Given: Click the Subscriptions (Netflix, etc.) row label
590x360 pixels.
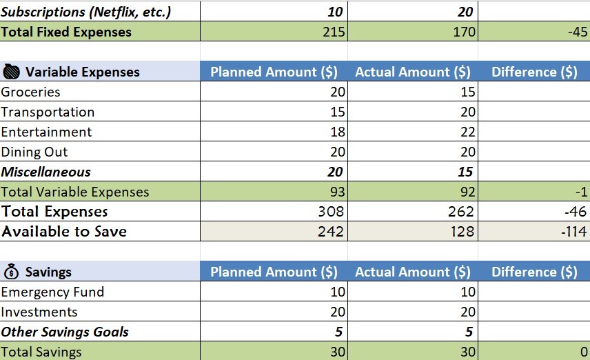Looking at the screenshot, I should pos(86,12).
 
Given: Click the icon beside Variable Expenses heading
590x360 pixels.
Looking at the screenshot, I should pos(12,72).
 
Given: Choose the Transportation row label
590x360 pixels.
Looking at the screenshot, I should pos(48,112).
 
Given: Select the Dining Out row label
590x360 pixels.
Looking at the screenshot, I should pos(34,152).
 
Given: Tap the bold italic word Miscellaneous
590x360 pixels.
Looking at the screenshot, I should pos(46,172).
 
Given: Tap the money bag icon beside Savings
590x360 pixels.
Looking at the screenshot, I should pos(12,272).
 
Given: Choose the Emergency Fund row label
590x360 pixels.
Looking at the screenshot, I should pos(52,292).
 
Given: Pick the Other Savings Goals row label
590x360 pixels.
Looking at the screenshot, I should pos(65,332).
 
